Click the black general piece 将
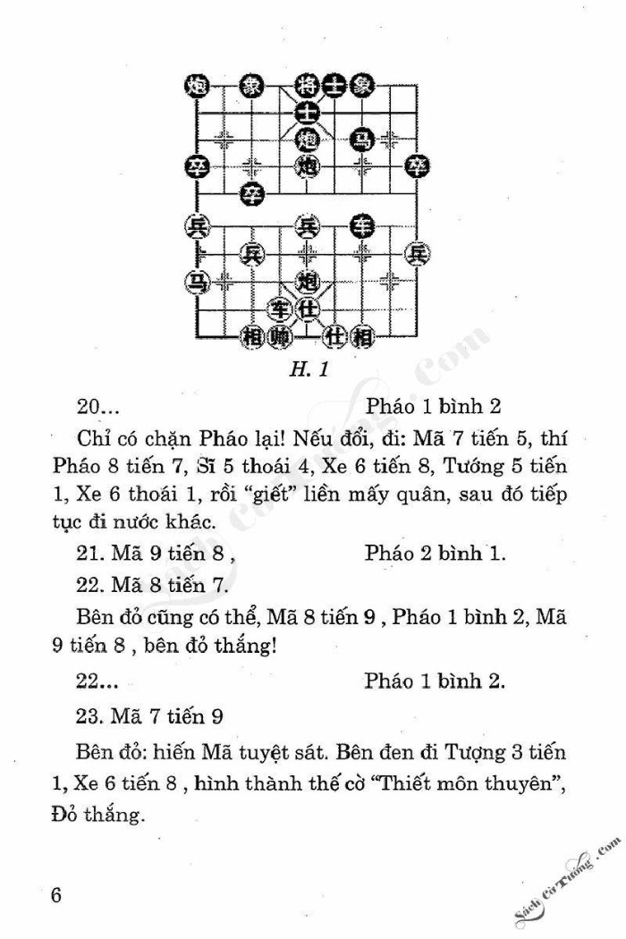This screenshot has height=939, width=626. tap(307, 85)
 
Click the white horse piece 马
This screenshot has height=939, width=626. tap(196, 282)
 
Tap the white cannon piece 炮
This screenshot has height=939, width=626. tap(307, 282)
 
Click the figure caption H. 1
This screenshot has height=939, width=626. tap(309, 367)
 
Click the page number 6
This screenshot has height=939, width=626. tap(56, 895)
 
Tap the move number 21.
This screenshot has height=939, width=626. tap(89, 553)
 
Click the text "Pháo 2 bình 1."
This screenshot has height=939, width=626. tap(436, 553)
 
